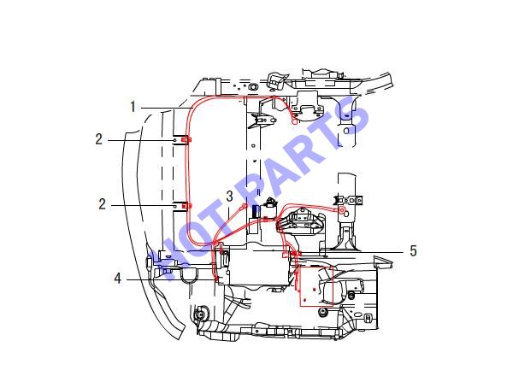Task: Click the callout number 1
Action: tap(133, 107)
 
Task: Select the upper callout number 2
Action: tap(99, 139)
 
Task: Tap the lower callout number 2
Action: tap(103, 204)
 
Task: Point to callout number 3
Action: tap(230, 197)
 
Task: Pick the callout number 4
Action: tap(117, 279)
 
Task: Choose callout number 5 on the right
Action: tap(414, 251)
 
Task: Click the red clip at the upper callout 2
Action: tap(186, 140)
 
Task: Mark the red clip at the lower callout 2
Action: tap(186, 206)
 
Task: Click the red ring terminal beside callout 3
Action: tap(244, 206)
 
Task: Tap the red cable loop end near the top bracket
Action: tap(294, 121)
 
